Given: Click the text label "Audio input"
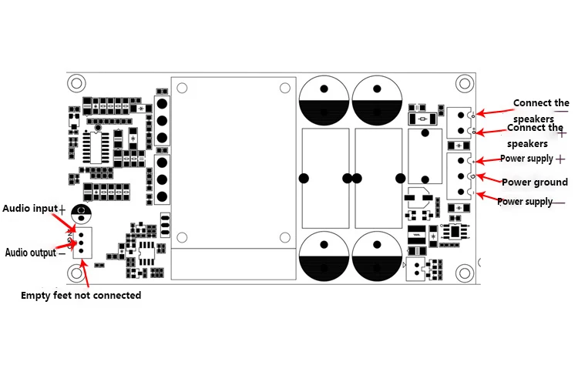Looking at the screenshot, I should coord(29,208).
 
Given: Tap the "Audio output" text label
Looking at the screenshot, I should coord(30,253).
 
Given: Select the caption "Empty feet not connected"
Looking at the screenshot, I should coord(81,295).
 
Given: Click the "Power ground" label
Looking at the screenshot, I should coord(534,182).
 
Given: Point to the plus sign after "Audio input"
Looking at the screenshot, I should coord(62,209).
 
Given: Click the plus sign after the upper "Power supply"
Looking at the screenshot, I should coord(560,159).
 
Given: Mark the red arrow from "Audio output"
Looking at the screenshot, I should coord(66,245).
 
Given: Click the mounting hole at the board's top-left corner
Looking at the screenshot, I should coord(76,82).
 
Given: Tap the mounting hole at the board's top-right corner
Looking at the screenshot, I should coord(463,82).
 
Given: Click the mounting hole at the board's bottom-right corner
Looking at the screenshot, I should coord(463,272).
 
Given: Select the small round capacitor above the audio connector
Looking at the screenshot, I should coord(81,213).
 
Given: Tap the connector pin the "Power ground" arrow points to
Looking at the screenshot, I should coord(461,176).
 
